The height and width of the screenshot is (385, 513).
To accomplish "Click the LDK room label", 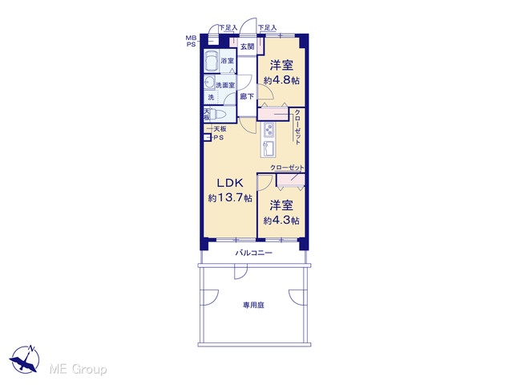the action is click(x=230, y=183).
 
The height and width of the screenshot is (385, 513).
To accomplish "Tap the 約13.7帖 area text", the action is click(x=230, y=198).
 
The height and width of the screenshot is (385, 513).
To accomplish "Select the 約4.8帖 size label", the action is click(x=281, y=80).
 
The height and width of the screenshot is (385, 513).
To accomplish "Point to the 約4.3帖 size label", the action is click(x=281, y=221).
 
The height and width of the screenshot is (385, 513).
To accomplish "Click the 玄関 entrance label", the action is click(x=248, y=47).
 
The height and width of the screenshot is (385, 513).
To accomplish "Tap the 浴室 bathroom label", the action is click(x=228, y=61).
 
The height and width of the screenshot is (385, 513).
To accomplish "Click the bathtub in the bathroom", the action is click(x=212, y=62).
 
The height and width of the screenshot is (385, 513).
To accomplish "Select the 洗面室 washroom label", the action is click(x=225, y=85).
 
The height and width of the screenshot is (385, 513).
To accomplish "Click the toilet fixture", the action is click(x=217, y=115).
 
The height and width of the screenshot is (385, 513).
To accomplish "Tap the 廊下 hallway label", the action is click(x=247, y=96).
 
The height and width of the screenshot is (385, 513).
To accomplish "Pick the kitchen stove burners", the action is click(x=269, y=130).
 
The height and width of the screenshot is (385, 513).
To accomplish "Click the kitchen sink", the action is click(x=269, y=148).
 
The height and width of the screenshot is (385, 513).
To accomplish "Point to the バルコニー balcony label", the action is click(x=254, y=253).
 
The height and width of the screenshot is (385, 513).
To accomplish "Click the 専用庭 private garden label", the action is click(x=253, y=306).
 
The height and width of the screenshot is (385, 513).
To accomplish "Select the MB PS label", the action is click(x=191, y=41).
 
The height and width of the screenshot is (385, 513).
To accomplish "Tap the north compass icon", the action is click(x=25, y=359).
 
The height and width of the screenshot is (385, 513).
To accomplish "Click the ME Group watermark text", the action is click(x=79, y=369).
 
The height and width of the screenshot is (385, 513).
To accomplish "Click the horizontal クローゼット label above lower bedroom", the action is click(x=287, y=168).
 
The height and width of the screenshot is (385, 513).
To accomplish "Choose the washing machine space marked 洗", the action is click(x=211, y=97).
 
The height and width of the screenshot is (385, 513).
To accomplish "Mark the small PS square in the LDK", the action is click(x=207, y=137).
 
